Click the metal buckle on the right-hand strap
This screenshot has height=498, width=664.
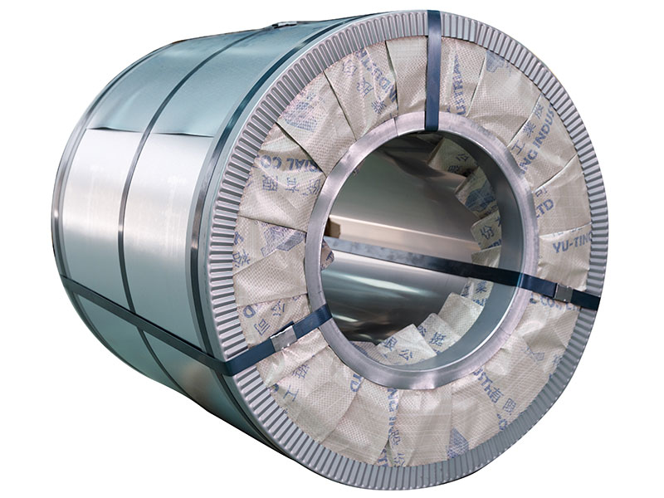561,289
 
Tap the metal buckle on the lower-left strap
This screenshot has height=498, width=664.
283,336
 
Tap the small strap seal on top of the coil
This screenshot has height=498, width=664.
286,24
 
